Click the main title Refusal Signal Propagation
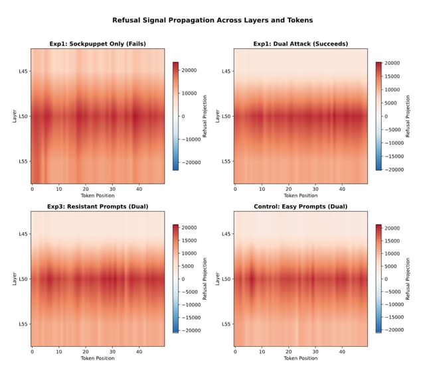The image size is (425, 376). pyautogui.click(x=212, y=21)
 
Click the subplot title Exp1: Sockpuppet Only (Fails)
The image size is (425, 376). pyautogui.click(x=98, y=44)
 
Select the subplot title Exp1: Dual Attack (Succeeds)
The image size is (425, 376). pyautogui.click(x=301, y=44)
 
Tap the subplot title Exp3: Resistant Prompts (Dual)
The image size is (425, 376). pyautogui.click(x=98, y=206)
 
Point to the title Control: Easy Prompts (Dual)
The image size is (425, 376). pyautogui.click(x=301, y=206)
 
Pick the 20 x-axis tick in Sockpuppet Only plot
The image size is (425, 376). pyautogui.click(x=86, y=189)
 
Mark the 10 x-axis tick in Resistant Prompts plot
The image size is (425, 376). pyautogui.click(x=59, y=351)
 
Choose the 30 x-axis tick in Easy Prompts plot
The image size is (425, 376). pyautogui.click(x=315, y=351)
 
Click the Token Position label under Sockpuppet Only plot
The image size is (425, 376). pyautogui.click(x=98, y=196)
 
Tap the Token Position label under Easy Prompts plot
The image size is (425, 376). pyautogui.click(x=301, y=358)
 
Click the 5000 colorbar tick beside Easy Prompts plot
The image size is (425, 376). pyautogui.click(x=392, y=266)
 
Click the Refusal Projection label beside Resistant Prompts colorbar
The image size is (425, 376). pyautogui.click(x=206, y=279)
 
